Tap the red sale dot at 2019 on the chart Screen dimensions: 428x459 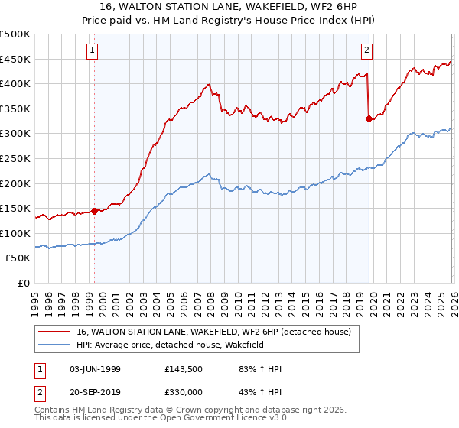pyautogui.click(x=369, y=118)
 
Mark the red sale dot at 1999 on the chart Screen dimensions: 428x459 pyautogui.click(x=95, y=211)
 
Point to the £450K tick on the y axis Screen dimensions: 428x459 pyautogui.click(x=15, y=59)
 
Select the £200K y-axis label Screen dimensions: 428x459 pyautogui.click(x=15, y=183)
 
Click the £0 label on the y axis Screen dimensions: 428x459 pyautogui.click(x=24, y=283)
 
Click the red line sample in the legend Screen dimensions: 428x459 pyautogui.click(x=55, y=332)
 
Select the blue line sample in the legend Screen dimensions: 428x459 pyautogui.click(x=55, y=345)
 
